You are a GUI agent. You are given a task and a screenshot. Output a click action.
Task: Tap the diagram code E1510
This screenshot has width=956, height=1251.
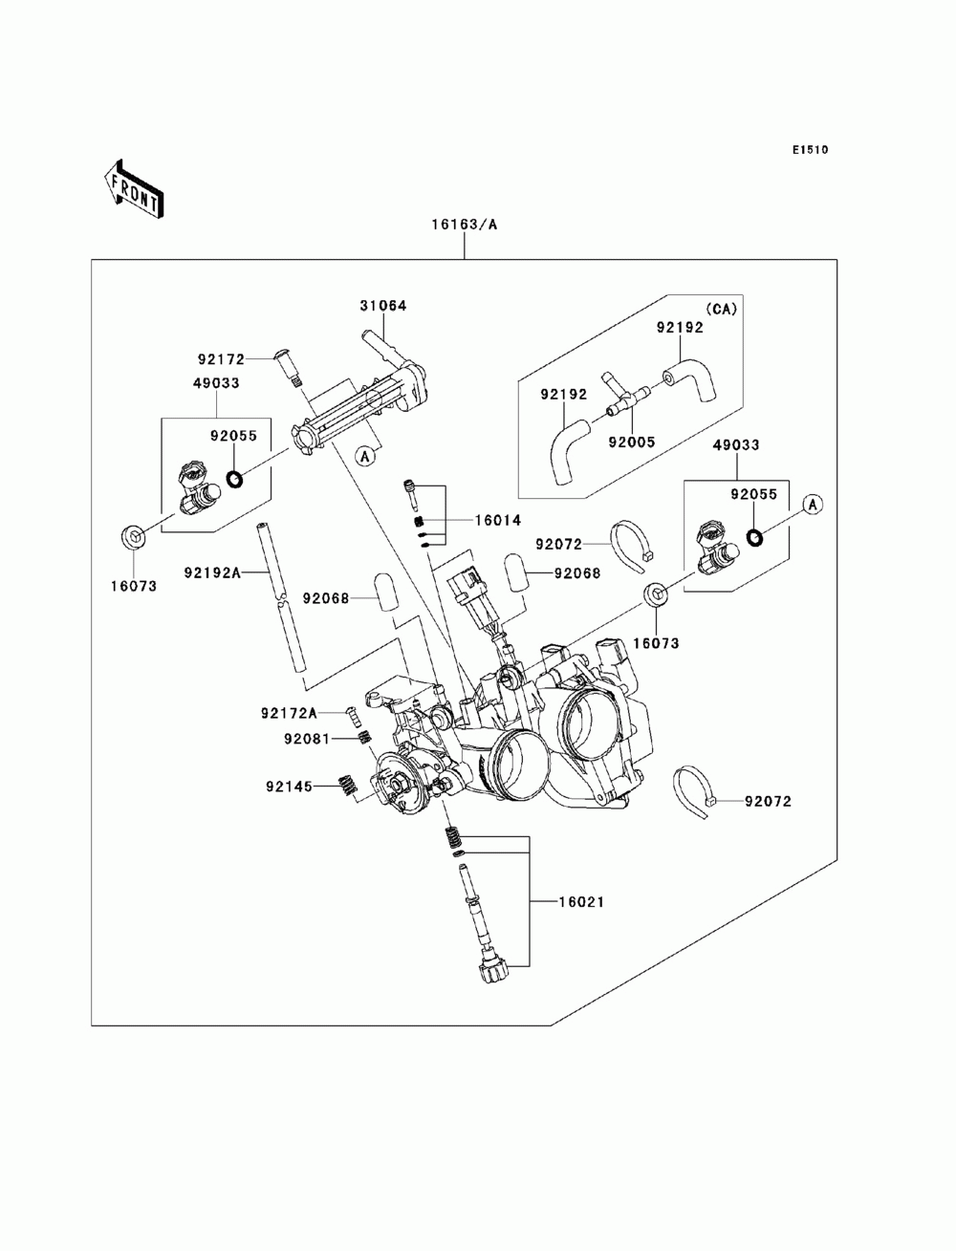pos(810,150)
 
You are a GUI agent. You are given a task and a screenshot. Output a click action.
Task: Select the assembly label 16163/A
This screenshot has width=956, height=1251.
pos(464,225)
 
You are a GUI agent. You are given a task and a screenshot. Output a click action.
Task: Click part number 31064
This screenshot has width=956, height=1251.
pos(383,306)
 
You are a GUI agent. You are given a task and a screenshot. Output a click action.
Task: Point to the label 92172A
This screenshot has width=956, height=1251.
pos(289,713)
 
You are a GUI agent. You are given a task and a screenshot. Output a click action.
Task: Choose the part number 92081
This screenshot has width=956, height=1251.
pos(307,739)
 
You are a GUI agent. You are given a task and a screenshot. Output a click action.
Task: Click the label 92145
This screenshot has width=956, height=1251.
pos(289,787)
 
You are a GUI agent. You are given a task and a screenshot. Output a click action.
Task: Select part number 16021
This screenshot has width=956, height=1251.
pos(581,901)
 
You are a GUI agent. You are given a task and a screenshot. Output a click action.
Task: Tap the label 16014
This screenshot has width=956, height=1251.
pos(498,520)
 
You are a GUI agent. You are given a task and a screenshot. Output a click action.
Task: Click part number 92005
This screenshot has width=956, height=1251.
pos(632,442)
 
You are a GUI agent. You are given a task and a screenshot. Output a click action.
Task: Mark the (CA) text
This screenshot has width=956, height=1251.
pos(721,310)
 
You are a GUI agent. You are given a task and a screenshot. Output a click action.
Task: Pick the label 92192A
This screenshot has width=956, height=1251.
pos(212,572)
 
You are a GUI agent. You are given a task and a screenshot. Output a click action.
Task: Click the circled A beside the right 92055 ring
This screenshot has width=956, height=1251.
pos(813,505)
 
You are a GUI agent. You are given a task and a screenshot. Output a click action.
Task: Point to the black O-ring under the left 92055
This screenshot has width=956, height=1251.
pos(234,480)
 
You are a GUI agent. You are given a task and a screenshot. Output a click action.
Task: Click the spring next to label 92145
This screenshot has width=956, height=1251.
pos(347,786)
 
